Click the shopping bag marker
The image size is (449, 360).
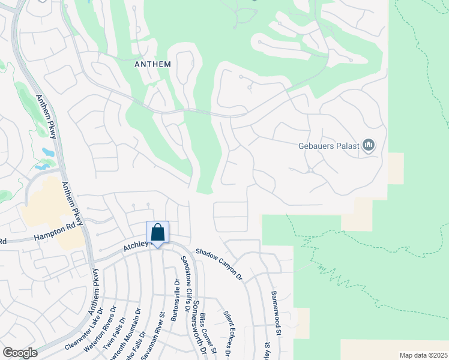pyautogui.click(x=157, y=233)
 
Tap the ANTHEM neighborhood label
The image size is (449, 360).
pyautogui.click(x=153, y=64)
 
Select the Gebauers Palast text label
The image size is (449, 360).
pyautogui.click(x=328, y=146)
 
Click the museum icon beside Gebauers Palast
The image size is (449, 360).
pyautogui.click(x=369, y=146)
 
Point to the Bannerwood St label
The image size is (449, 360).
pyautogui.click(x=277, y=313)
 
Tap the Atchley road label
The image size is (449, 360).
pyautogui.click(x=135, y=246)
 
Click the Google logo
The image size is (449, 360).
pyautogui.click(x=20, y=353)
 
